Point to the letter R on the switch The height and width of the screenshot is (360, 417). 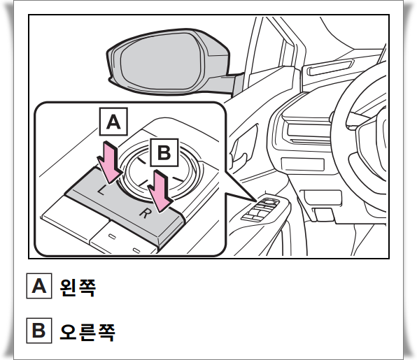(144, 213)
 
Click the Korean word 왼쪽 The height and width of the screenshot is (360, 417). (78, 287)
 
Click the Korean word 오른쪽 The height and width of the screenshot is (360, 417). (87, 330)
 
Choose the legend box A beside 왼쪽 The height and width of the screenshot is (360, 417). (39, 287)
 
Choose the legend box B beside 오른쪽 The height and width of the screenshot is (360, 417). (39, 330)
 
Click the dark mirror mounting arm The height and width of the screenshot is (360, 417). (234, 85)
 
